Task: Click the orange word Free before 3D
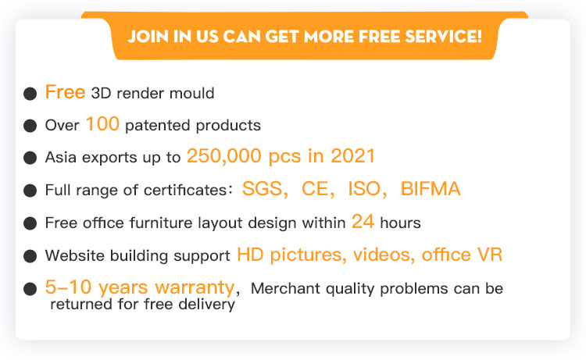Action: coord(65,92)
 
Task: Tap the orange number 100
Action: coord(102,124)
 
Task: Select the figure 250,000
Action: coord(224,156)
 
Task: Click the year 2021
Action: coord(352,156)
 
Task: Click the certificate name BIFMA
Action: coord(431,188)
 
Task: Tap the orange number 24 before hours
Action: coord(363,222)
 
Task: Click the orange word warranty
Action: coord(195,288)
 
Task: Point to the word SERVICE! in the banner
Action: coord(444,37)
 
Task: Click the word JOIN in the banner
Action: coord(148,37)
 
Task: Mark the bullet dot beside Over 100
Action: coord(30,126)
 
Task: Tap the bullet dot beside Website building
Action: coord(30,256)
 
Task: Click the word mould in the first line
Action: coord(191,93)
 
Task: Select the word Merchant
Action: coord(285,289)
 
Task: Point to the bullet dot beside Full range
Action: coord(30,191)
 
